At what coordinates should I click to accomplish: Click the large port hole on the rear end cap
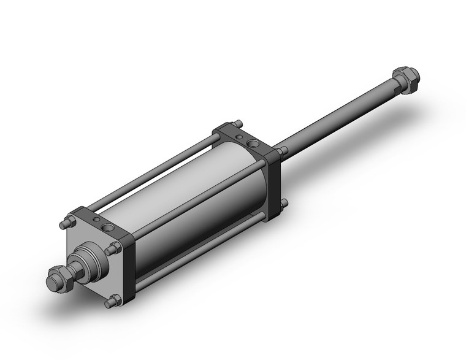(252, 145)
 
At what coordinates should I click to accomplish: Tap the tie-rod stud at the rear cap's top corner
(237, 123)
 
